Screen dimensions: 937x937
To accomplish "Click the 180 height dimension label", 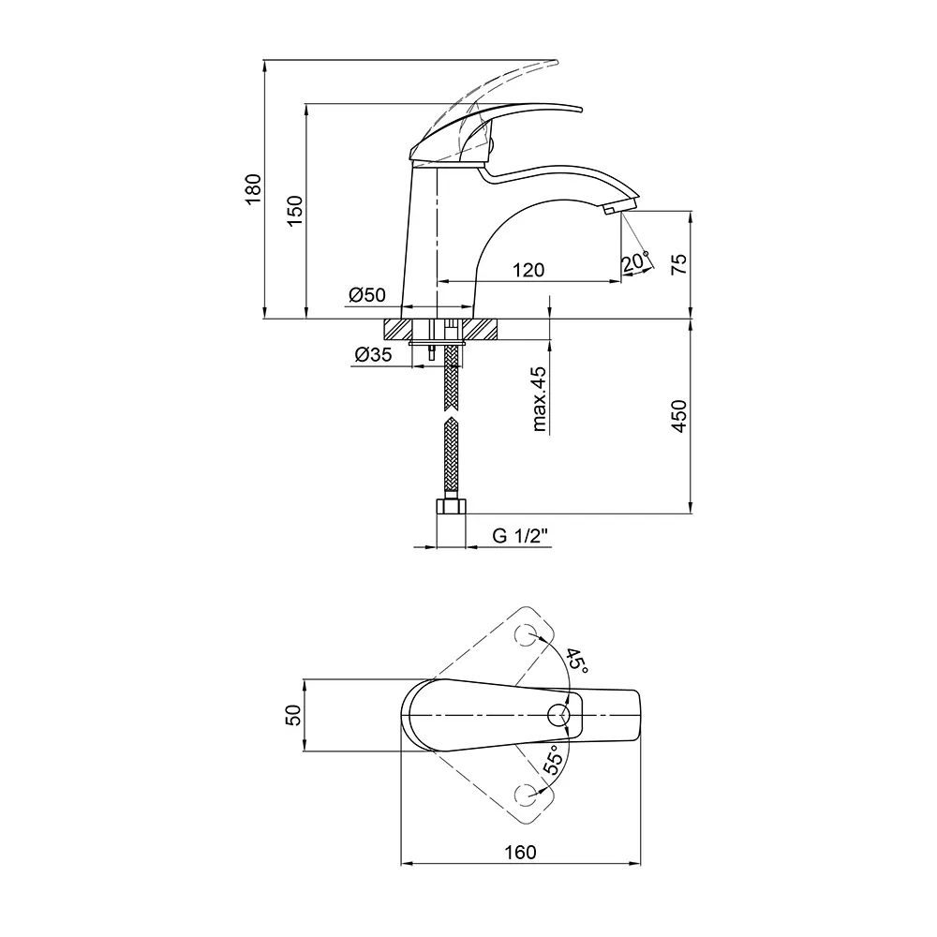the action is tap(253, 189).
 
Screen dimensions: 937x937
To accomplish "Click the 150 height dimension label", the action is tap(295, 210).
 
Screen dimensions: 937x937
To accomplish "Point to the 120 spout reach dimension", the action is tap(528, 270).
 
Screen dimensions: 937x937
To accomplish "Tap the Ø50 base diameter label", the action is tap(367, 294).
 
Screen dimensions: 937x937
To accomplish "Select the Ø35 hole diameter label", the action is tap(374, 354).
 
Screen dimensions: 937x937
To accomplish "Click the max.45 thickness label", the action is tap(539, 398).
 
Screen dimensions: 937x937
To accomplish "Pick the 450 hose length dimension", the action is tap(679, 416).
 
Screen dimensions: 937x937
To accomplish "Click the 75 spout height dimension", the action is tap(679, 263).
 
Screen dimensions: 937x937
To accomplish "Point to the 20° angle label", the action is tap(634, 261).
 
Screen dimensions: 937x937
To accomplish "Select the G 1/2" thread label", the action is tap(520, 535).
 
